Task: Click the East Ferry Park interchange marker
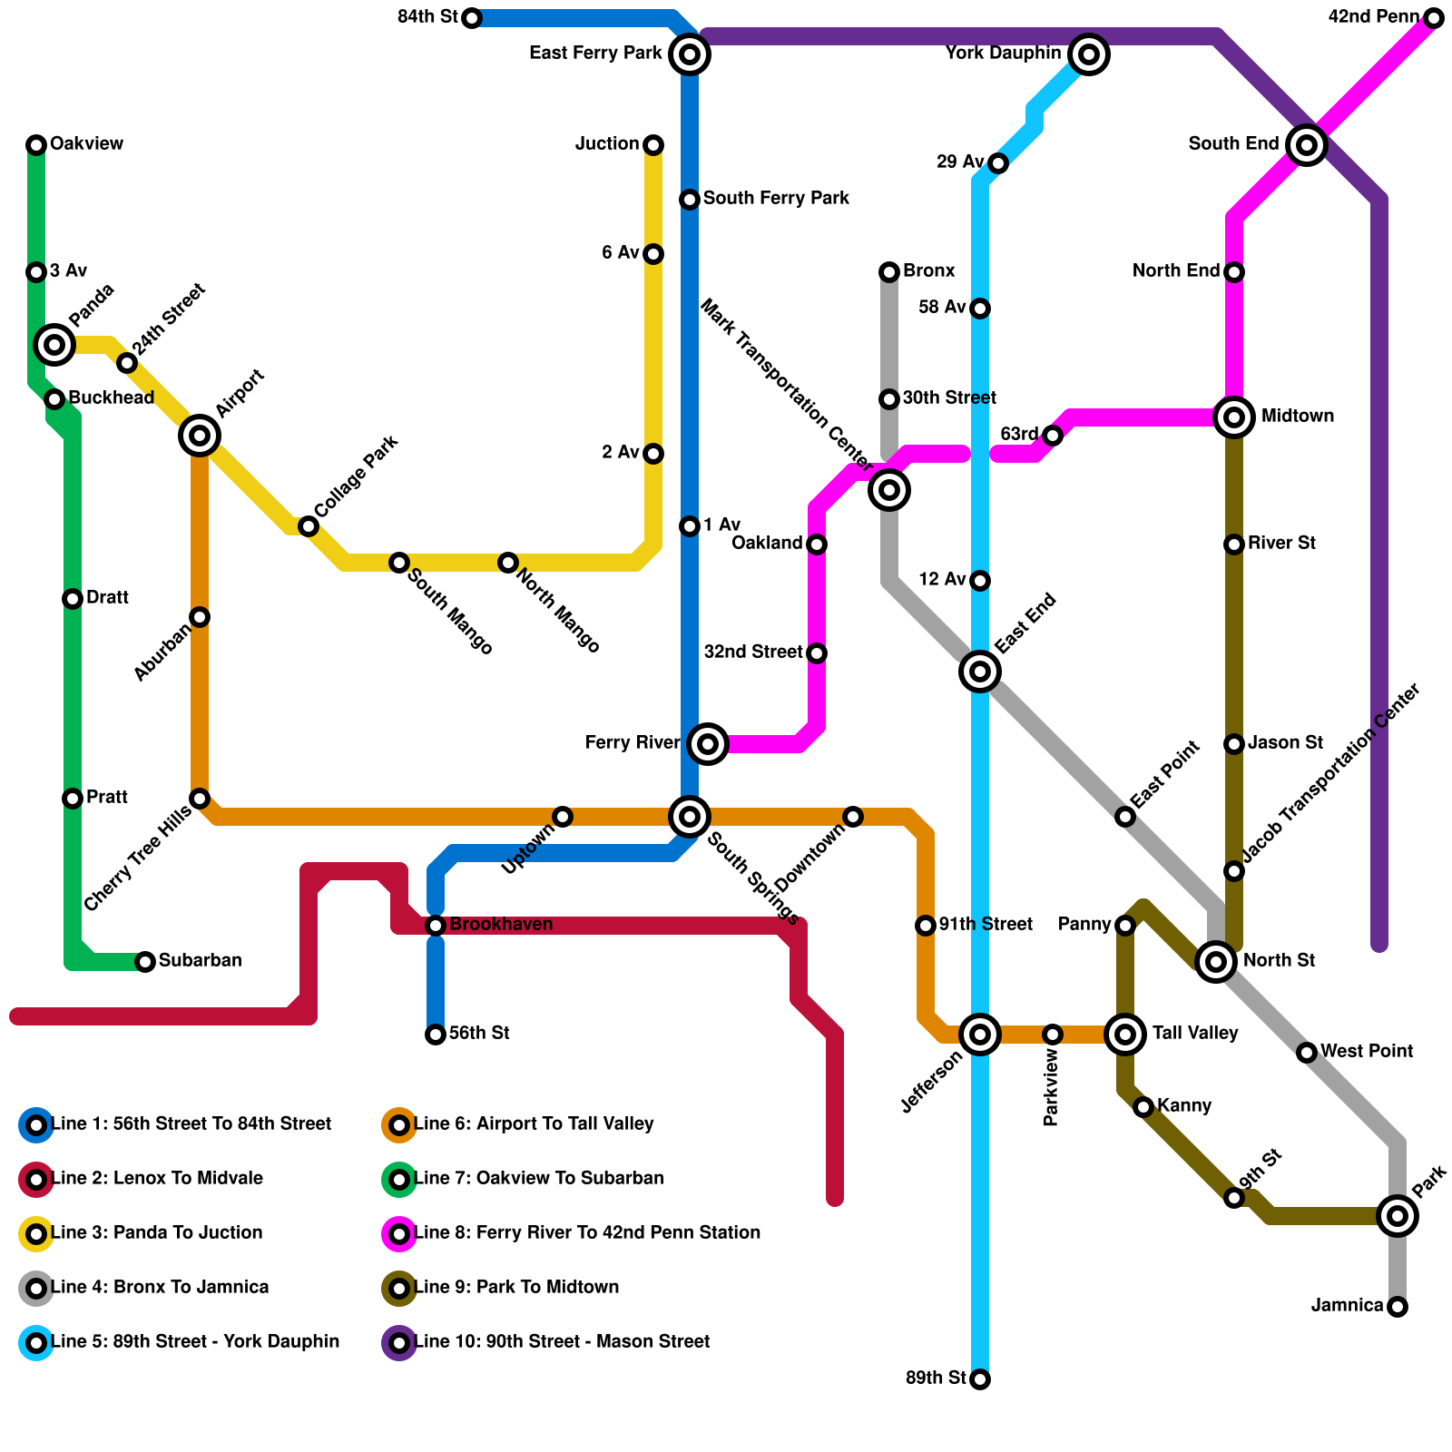coord(690,54)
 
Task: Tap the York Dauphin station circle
coord(1089,54)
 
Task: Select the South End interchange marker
coord(1307,144)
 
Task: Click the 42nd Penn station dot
coord(1434,18)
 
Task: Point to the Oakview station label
coord(86,144)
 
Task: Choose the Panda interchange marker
coord(54,344)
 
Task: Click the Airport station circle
coord(200,436)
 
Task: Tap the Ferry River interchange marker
coord(708,744)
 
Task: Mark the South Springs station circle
coord(690,817)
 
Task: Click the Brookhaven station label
coord(501,925)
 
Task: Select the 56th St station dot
coord(436,1035)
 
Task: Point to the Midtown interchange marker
coord(1234,417)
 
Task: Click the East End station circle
coord(980,672)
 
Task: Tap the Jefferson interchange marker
coord(980,1034)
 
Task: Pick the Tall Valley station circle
coord(1125,1034)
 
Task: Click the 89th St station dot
coord(980,1379)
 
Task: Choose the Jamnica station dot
coord(1398,1307)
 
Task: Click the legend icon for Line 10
coord(399,1342)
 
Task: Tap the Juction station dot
coord(653,145)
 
